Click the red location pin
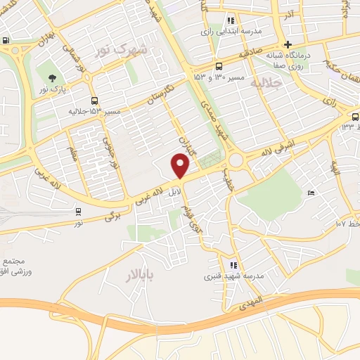[181, 166]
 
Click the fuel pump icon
[6, 40]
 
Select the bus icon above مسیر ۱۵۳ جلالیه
[94, 100]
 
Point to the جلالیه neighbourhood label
[266, 84]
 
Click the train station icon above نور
[78, 210]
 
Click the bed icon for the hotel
[311, 193]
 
